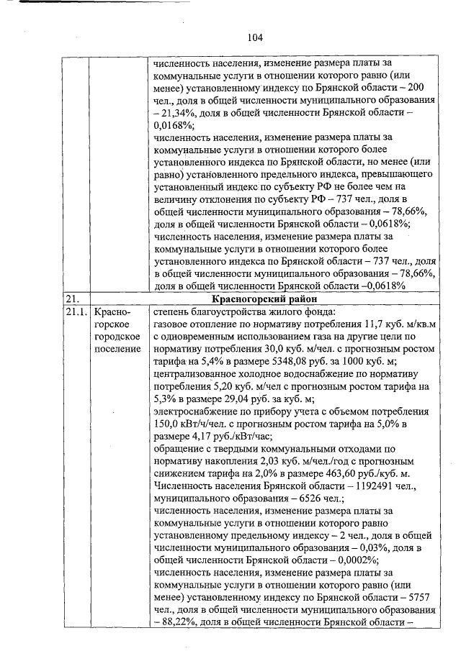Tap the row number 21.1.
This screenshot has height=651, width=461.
(74, 312)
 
